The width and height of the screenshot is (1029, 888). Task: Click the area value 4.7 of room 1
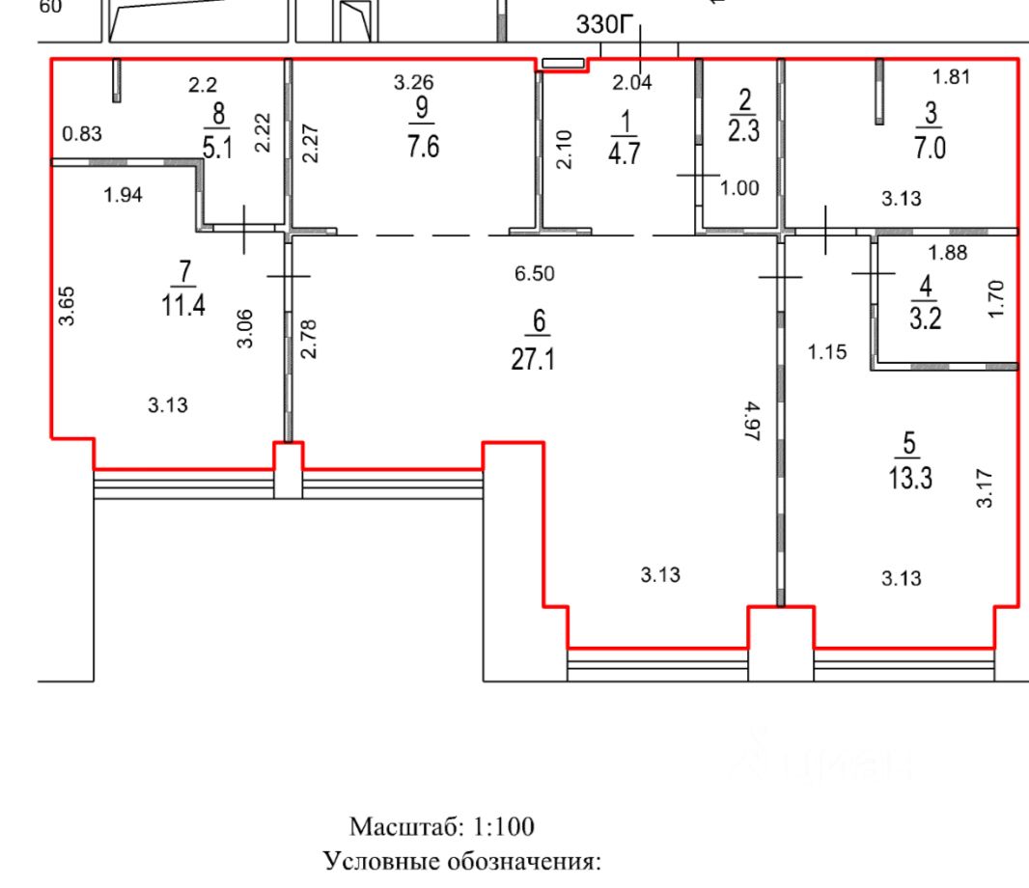pos(626,153)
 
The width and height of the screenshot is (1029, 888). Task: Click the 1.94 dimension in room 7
pos(123,197)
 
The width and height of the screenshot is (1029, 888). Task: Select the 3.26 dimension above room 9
pos(414,84)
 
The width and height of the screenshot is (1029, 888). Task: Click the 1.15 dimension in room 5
pos(827,352)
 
